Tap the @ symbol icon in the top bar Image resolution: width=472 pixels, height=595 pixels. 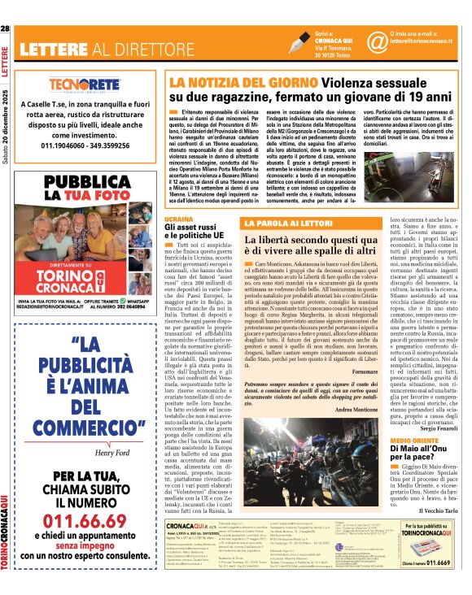point(376,39)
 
